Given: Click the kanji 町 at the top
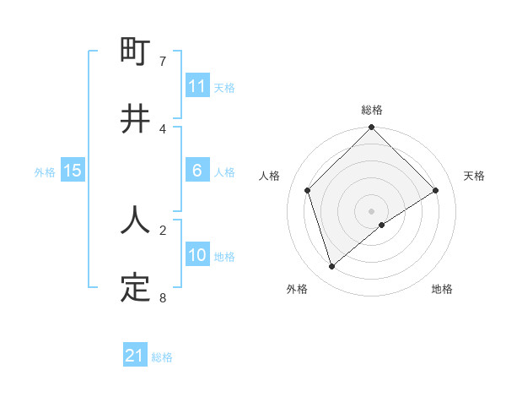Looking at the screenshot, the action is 135,52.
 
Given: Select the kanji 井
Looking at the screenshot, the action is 135,119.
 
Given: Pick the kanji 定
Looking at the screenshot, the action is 135,288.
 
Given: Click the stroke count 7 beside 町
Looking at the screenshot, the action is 162,62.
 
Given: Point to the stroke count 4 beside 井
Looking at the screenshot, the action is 162,128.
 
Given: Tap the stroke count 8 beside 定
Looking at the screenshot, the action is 162,297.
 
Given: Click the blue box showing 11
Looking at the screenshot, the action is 197,86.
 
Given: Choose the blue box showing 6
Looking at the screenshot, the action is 197,171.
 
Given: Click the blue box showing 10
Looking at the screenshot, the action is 197,255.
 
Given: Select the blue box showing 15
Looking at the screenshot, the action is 73,171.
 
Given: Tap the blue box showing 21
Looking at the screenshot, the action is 135,356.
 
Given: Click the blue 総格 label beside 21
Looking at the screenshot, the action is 163,357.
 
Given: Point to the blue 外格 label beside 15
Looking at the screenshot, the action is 45,172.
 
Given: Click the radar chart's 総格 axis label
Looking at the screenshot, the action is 372,110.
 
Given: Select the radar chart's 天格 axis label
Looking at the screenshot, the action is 475,176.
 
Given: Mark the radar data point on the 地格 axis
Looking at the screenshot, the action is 382,225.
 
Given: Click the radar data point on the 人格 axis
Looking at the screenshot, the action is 308,190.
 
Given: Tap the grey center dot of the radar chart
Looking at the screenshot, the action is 372,210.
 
